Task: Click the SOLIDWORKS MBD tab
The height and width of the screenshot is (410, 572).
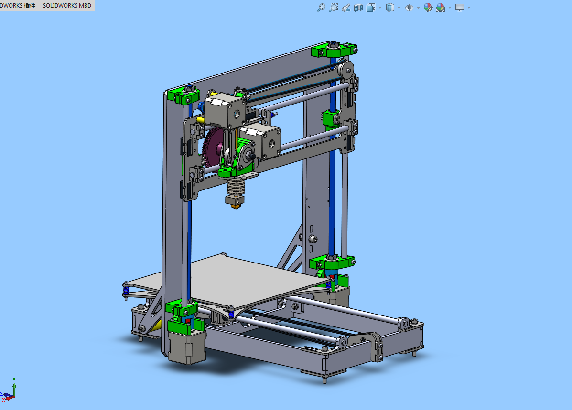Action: (x=66, y=6)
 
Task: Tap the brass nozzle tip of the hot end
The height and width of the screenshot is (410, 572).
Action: (x=235, y=204)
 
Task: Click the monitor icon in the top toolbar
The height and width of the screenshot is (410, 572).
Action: (x=460, y=8)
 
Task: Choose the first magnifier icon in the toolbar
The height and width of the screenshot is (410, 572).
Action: (x=321, y=8)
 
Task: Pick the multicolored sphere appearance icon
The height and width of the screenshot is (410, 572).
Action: (x=428, y=8)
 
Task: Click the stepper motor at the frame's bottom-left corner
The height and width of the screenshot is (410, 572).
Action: (x=187, y=347)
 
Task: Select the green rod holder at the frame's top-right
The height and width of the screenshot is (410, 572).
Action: (x=334, y=49)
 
